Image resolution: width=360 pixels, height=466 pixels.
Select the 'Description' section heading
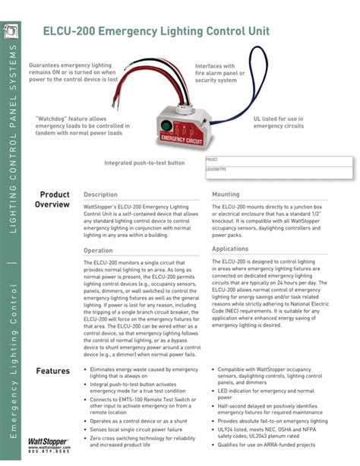click(100, 195)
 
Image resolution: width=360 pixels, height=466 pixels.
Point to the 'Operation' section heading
click(98, 250)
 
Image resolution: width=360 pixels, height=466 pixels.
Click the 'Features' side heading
click(53, 370)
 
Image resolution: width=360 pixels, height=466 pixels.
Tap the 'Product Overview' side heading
click(54, 200)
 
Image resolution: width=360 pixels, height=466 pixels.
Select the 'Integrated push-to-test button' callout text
click(144, 163)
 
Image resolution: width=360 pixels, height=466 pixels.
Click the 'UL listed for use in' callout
click(283, 120)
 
